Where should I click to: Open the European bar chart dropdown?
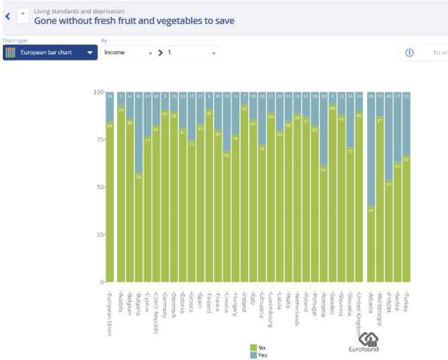point(50,53)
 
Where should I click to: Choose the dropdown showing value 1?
point(192,53)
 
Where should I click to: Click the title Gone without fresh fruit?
point(134,21)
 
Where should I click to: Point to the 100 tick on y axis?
point(98,92)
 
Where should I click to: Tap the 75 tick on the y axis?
point(99,139)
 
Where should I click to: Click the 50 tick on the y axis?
point(99,186)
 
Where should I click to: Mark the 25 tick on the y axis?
point(99,233)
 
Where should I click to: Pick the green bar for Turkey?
point(407,218)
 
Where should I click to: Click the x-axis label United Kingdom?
point(358,313)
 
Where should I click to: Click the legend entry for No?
point(258,347)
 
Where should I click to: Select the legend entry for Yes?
point(258,354)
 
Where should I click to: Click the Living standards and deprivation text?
point(79,11)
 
